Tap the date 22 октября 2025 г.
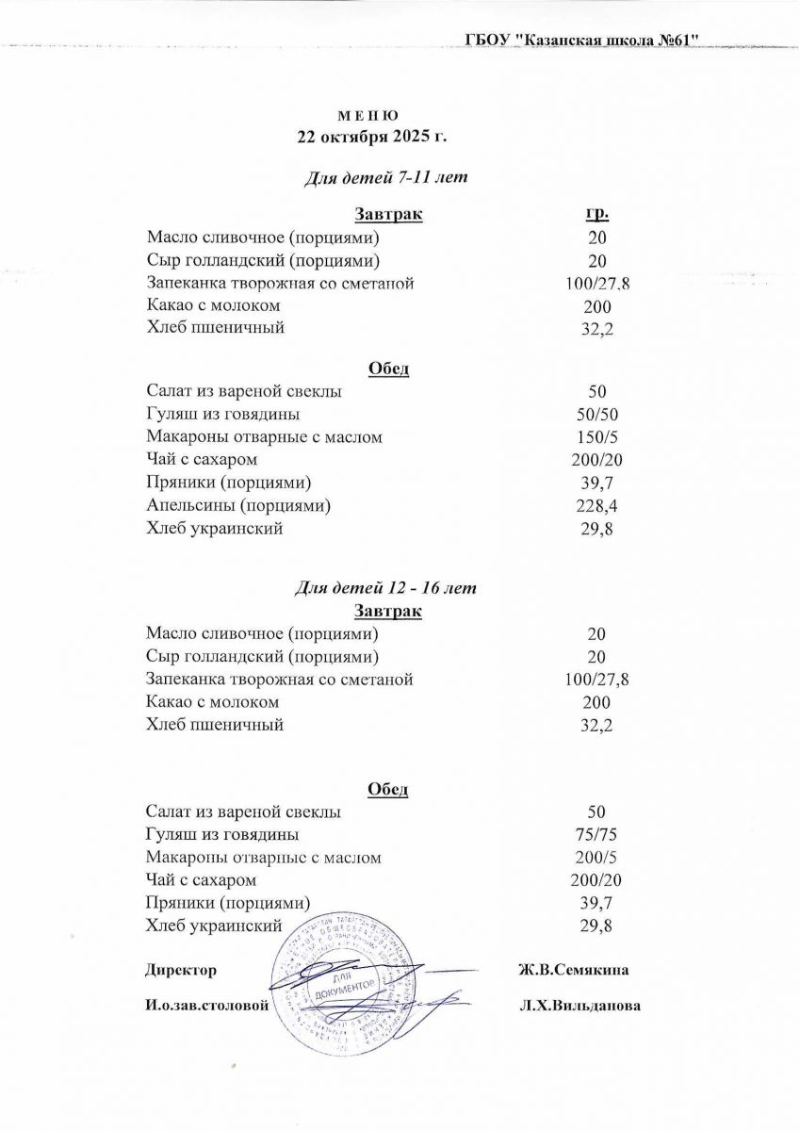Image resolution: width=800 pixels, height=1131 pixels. [370, 136]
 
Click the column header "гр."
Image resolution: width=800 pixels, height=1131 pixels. [596, 214]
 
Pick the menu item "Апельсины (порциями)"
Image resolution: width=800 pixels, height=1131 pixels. [238, 506]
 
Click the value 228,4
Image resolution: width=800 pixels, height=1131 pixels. [597, 507]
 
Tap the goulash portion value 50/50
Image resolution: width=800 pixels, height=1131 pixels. [597, 415]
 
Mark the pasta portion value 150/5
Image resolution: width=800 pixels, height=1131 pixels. [597, 438]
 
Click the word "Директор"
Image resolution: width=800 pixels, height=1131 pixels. [181, 970]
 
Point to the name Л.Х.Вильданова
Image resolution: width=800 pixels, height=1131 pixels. [580, 1006]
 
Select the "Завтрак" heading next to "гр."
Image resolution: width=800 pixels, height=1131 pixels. [388, 214]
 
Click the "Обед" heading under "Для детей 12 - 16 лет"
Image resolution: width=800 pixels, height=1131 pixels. [386, 789]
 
